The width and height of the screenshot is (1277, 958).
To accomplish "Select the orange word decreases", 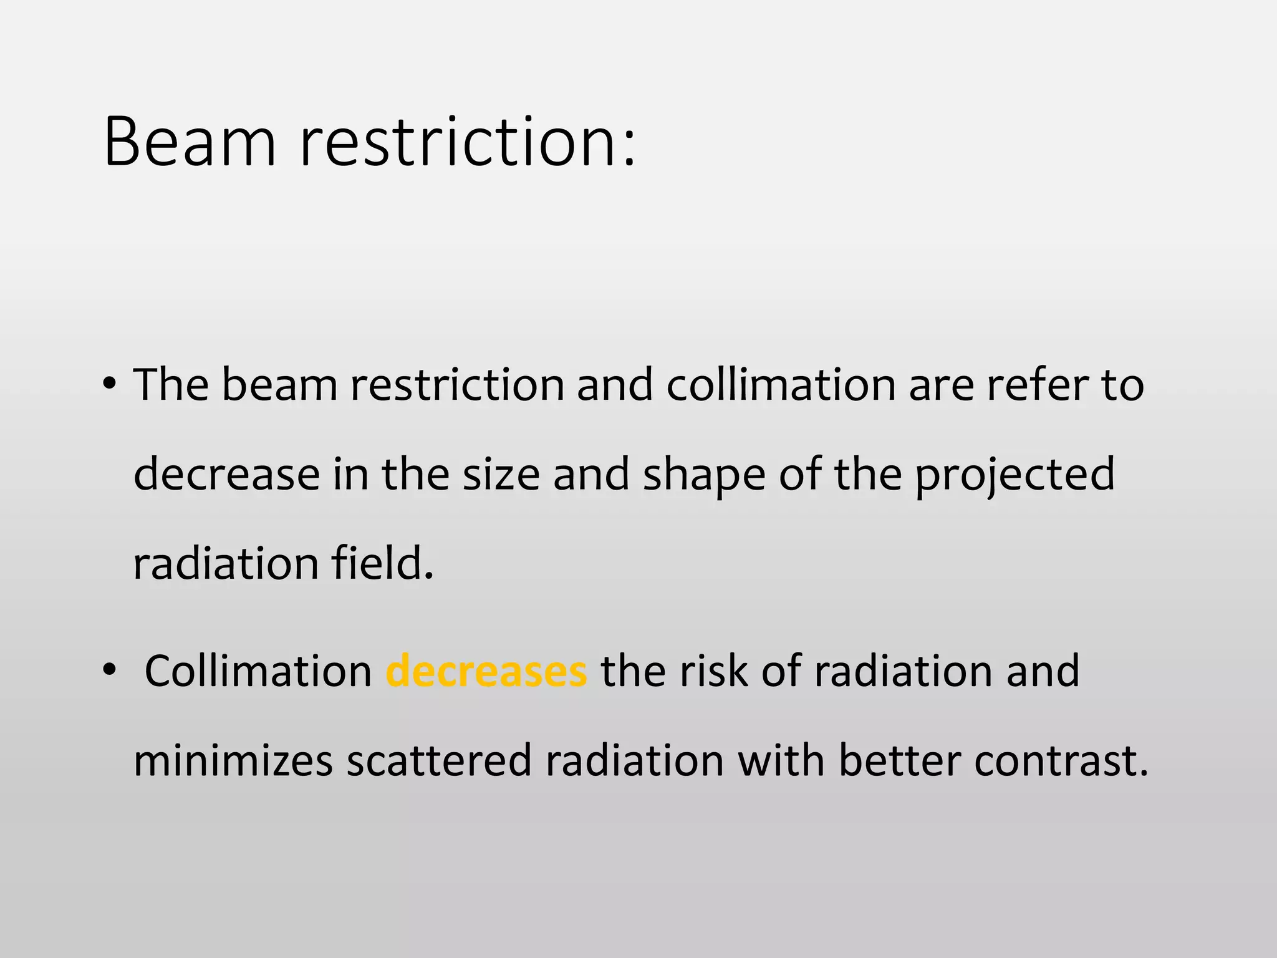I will (x=486, y=672).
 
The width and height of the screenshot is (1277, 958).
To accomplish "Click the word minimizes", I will (x=233, y=761).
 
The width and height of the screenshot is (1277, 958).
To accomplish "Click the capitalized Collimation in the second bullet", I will (x=258, y=672).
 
